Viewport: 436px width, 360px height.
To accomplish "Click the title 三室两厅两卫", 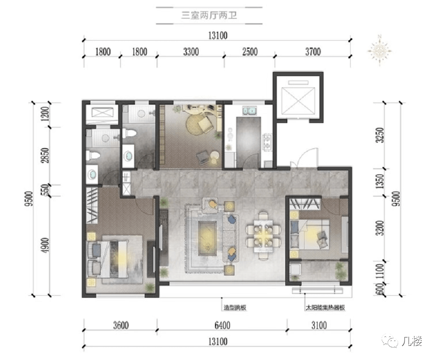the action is click(x=209, y=15).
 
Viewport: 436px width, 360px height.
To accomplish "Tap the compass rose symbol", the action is click(x=379, y=51).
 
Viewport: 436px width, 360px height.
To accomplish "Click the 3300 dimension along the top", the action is click(x=191, y=52).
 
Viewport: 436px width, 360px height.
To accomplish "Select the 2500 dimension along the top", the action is click(x=250, y=52).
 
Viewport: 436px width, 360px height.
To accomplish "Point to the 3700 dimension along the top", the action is click(x=313, y=52).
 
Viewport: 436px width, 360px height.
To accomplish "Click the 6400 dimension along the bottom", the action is click(x=222, y=325).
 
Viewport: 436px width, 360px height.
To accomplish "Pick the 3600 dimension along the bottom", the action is click(x=121, y=325).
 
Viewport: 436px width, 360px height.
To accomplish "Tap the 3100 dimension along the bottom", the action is click(x=319, y=325).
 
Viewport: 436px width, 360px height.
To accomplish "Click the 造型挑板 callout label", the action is click(x=235, y=308).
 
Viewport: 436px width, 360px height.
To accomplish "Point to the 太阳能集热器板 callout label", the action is click(x=326, y=308).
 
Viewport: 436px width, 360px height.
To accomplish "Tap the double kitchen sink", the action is click(x=249, y=110).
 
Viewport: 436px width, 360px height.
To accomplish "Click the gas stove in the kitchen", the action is click(x=268, y=142).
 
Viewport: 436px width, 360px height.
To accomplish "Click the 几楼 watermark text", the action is click(x=411, y=341).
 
